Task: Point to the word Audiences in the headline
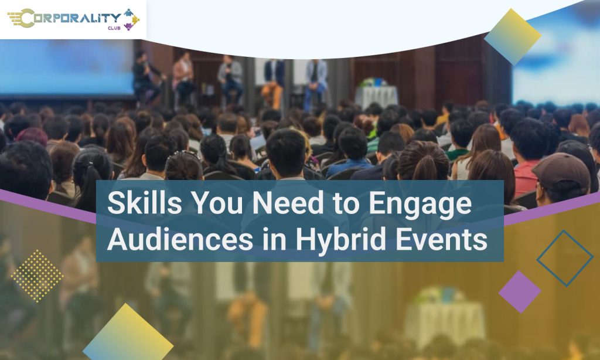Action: click(x=180, y=239)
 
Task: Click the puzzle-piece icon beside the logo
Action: click(x=131, y=19)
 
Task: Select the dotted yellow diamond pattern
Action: click(x=37, y=276)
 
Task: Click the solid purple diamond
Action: click(x=520, y=292)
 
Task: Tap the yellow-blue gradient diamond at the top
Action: click(x=512, y=37)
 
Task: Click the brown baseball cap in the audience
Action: click(x=562, y=171)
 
